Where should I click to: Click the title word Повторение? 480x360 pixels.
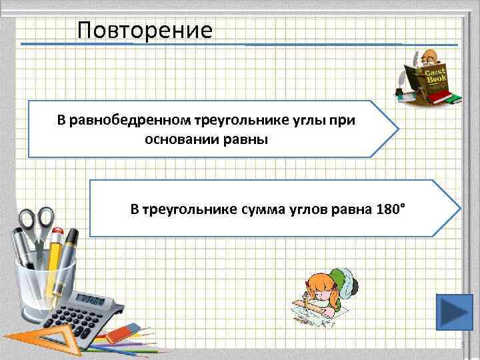pyautogui.click(x=145, y=30)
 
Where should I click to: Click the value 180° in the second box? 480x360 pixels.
pyautogui.click(x=388, y=209)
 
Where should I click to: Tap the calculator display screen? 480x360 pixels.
pyautogui.click(x=89, y=299)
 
